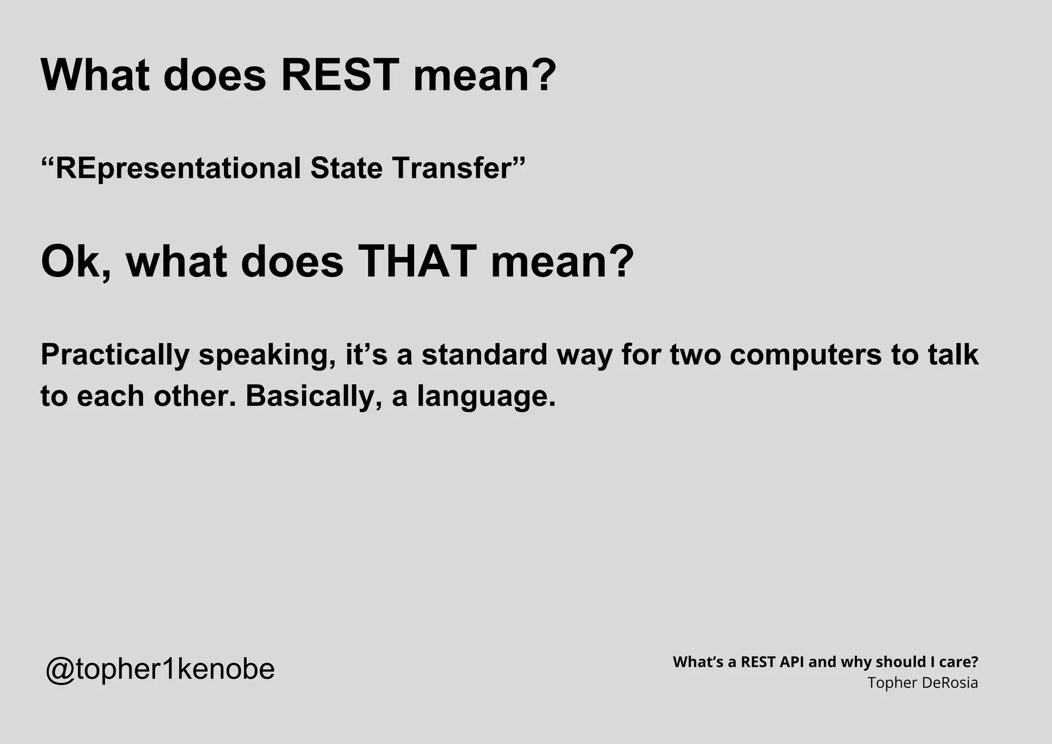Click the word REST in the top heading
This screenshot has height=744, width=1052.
[340, 75]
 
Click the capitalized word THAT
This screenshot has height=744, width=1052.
[417, 262]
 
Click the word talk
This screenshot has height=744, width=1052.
[953, 355]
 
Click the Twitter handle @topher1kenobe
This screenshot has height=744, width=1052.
[160, 669]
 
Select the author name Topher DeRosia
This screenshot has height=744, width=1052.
[923, 683]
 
